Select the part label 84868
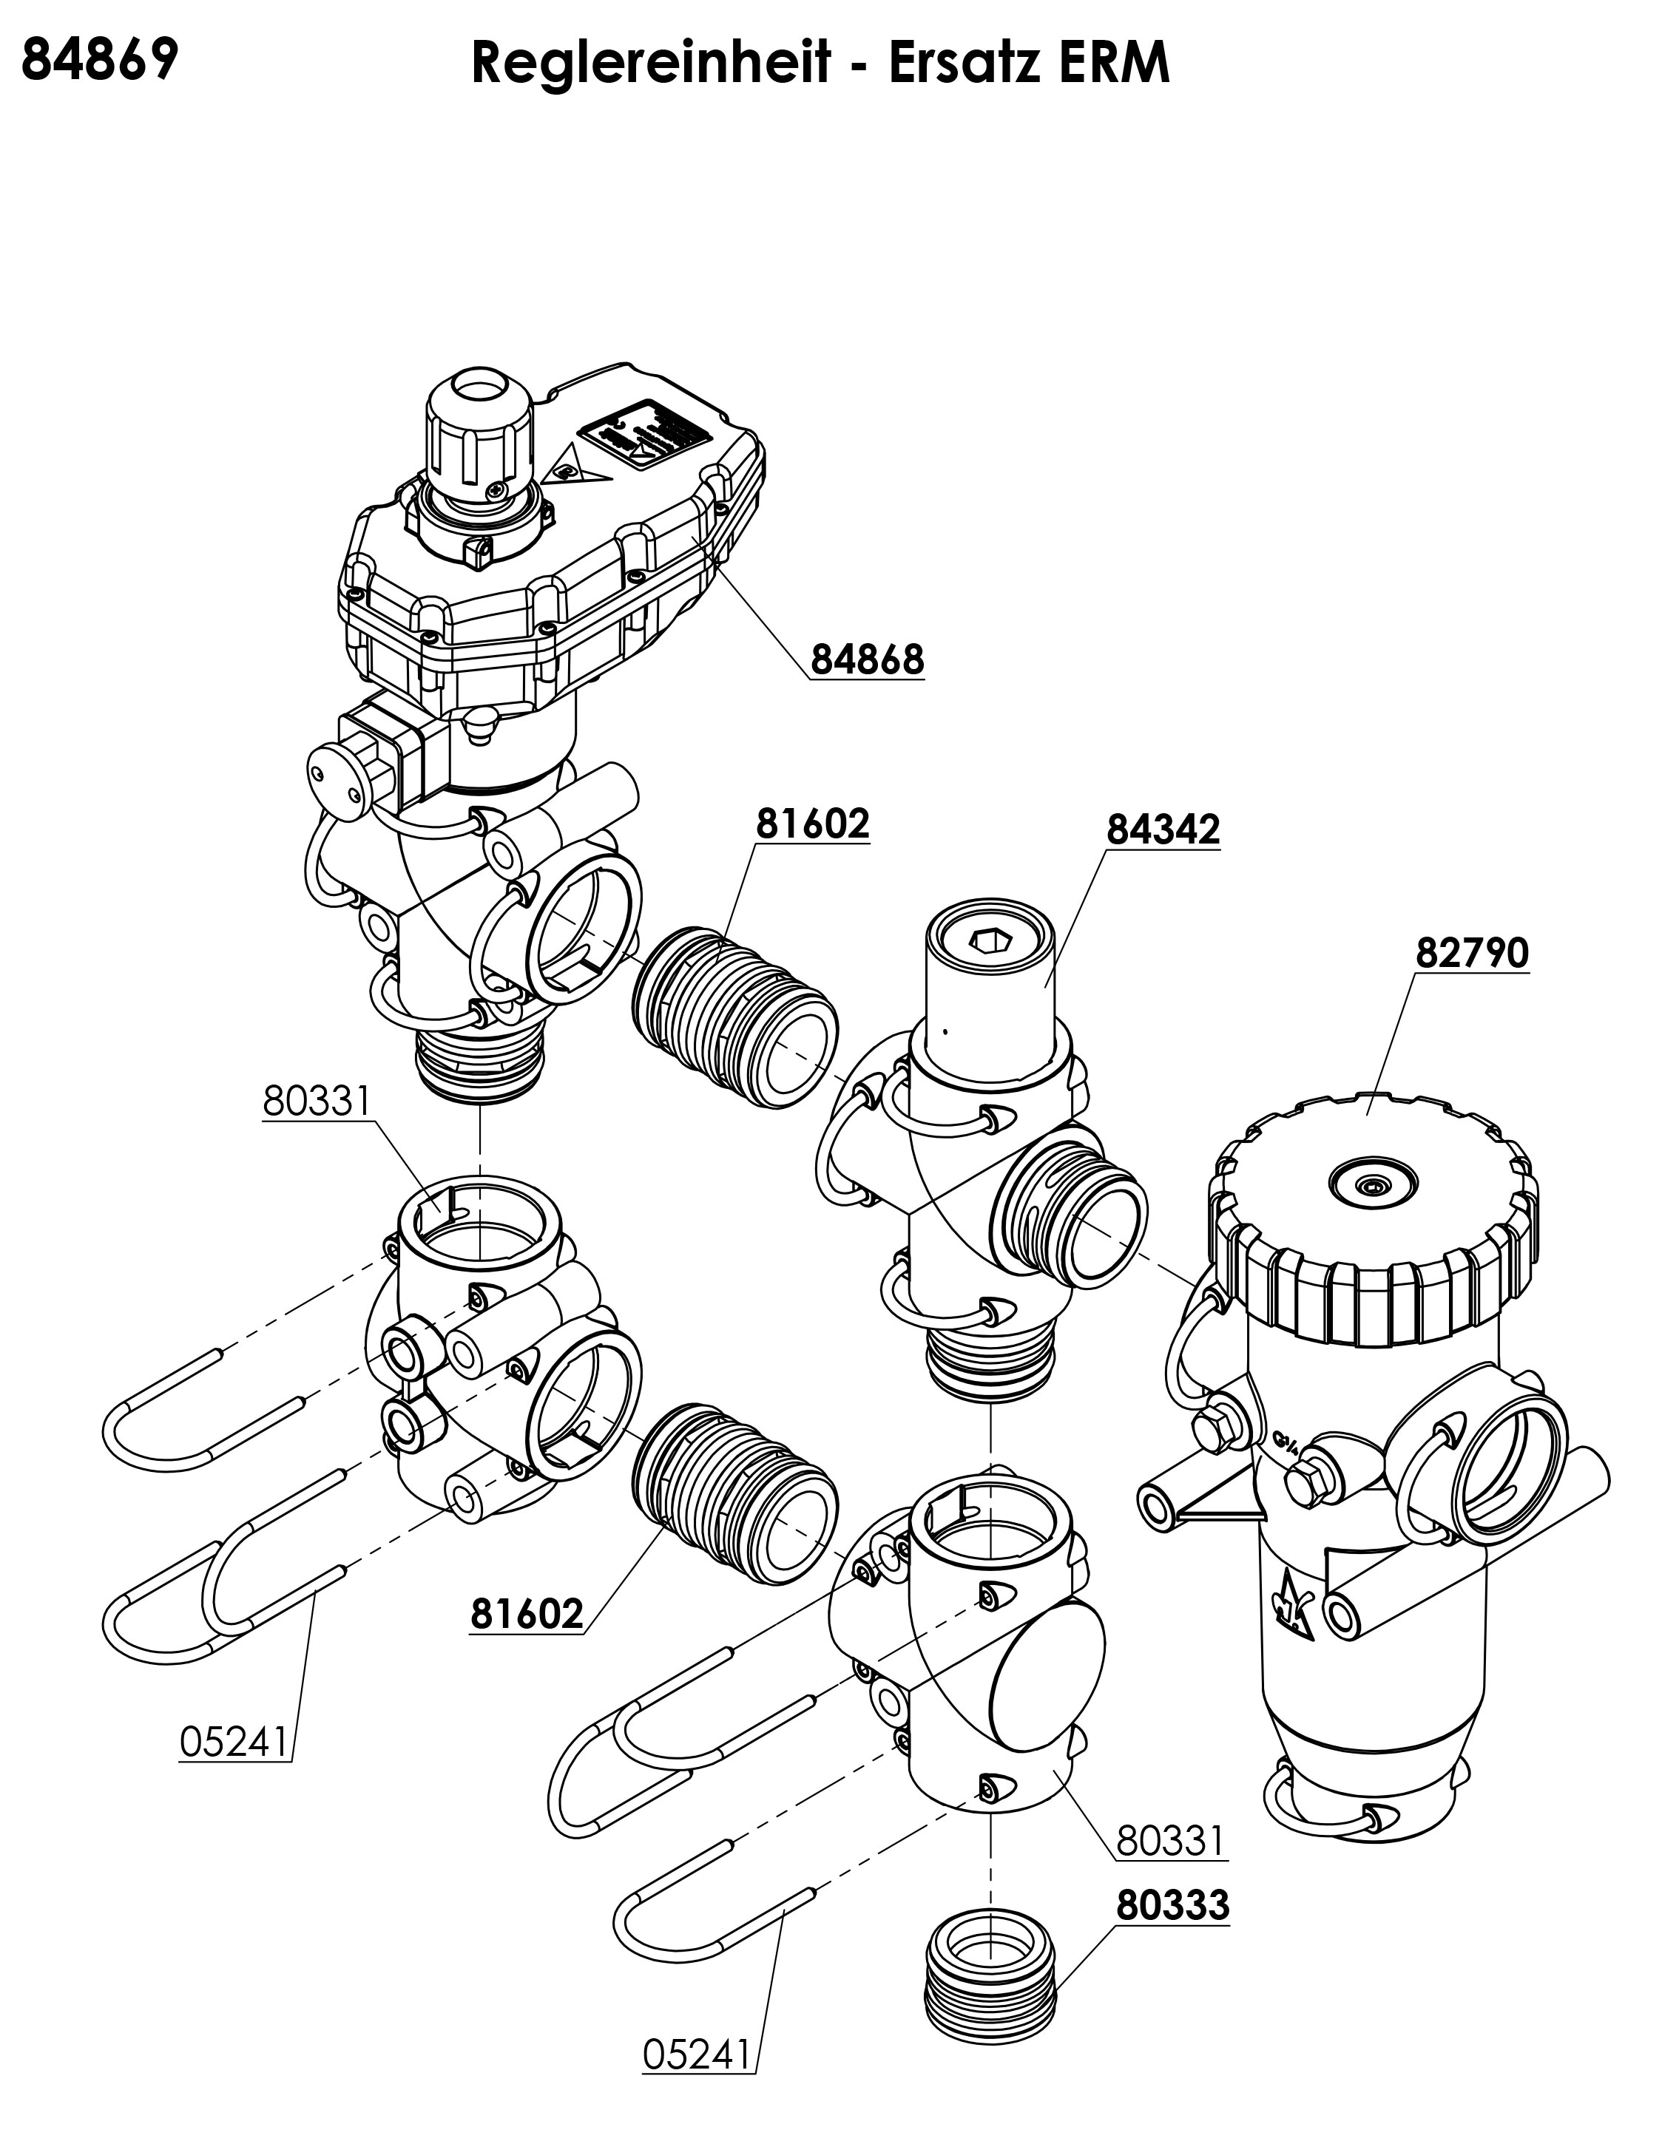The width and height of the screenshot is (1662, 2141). click(867, 659)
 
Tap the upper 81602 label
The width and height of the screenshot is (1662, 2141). click(812, 824)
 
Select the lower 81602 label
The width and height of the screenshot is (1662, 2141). click(527, 1614)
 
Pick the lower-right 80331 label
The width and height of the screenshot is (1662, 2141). click(1170, 1841)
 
